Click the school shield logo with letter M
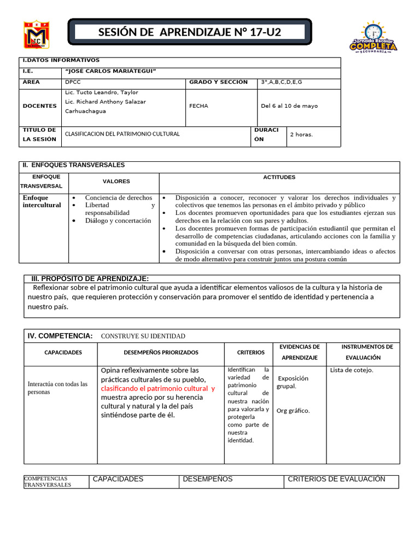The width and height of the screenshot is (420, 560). coord(36,35)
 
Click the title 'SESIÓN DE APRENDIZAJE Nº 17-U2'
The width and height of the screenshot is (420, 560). coord(189,32)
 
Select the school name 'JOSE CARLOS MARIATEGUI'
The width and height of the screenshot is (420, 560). coord(110,71)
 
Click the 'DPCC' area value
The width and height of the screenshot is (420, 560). coord(72,82)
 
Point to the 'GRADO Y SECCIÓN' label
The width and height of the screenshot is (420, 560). coord(218,82)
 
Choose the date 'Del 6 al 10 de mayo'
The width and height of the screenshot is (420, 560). coord(289,106)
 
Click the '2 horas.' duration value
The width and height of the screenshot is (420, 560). coord(301,135)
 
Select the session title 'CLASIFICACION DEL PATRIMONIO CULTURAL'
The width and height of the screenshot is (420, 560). coord(122,134)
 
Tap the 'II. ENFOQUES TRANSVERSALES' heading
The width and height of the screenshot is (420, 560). coord(73,165)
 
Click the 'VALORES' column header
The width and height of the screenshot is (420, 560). coord(116,182)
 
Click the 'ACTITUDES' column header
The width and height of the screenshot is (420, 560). coord(279,177)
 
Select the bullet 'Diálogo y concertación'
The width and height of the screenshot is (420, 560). coord(118,220)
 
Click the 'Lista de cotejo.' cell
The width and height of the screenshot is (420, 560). coord(352,370)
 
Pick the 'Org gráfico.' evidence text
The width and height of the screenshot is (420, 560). coord(293,411)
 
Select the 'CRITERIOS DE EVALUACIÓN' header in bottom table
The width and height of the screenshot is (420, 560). coord(336,479)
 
